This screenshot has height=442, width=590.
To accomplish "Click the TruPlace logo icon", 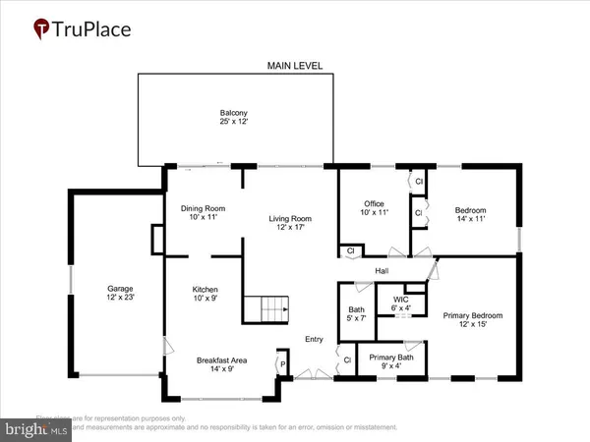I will click(x=41, y=28).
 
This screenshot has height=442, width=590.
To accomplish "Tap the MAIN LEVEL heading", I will click(x=296, y=66).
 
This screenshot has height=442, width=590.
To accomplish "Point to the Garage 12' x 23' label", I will click(x=121, y=294).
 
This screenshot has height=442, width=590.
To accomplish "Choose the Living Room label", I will click(x=291, y=223).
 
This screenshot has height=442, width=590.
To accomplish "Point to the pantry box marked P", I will click(x=283, y=362).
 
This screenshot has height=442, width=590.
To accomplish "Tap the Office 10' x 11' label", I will click(x=373, y=208).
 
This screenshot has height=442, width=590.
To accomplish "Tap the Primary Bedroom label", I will click(x=472, y=320).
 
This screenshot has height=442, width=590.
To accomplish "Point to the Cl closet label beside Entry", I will click(x=347, y=360).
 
